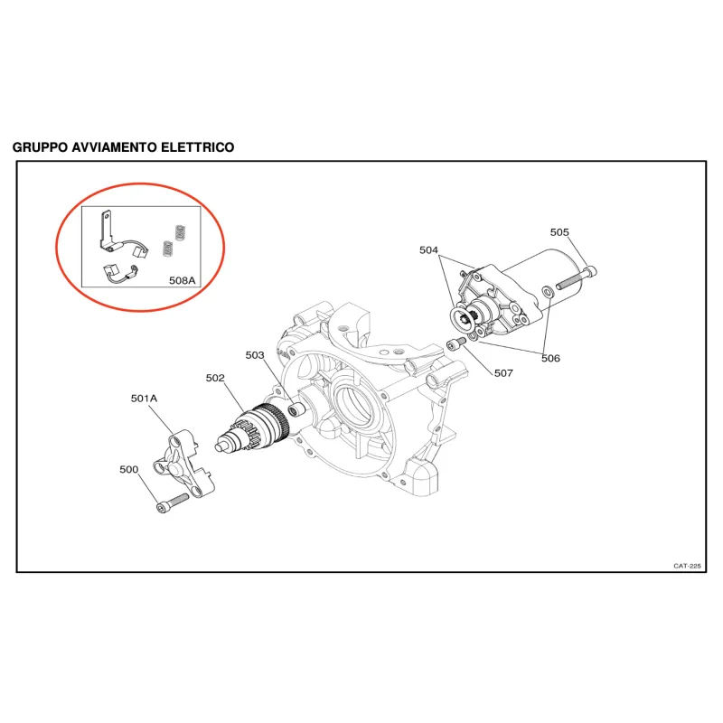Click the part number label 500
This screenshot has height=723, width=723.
(x=128, y=469)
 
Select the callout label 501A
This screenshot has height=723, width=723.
(x=144, y=399)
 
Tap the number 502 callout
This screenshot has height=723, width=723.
(x=215, y=378)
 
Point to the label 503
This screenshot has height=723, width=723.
(x=255, y=355)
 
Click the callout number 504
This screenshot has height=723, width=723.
(x=428, y=250)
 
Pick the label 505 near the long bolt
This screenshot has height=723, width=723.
(x=559, y=232)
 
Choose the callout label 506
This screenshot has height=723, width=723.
(x=550, y=358)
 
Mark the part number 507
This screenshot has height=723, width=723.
(x=503, y=373)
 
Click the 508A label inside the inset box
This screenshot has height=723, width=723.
(x=183, y=280)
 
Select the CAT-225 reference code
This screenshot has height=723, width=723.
(x=687, y=566)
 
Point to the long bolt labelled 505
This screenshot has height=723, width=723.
(x=577, y=278)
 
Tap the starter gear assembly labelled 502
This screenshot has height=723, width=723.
(x=252, y=427)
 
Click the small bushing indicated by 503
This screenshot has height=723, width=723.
(x=295, y=410)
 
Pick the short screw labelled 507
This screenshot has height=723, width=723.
(x=456, y=343)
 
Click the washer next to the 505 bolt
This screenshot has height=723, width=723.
(x=549, y=291)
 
